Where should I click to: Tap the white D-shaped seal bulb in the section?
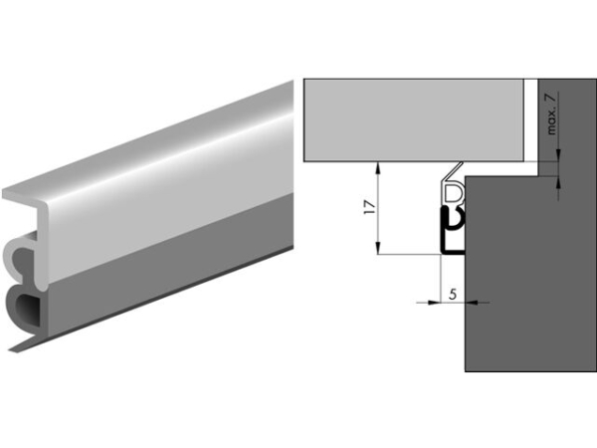[454, 191]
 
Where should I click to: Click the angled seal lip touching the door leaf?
[452, 171]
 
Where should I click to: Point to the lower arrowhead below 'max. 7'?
[559, 184]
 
